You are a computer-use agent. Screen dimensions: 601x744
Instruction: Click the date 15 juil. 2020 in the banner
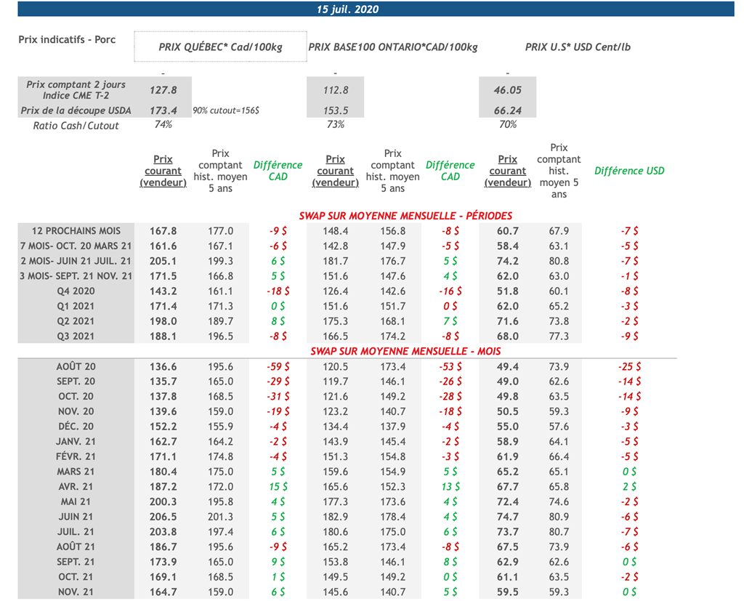click(347, 9)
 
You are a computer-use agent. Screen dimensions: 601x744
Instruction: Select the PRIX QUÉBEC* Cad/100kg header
click(220, 47)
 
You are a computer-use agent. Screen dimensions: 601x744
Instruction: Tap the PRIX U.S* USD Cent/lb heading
click(578, 47)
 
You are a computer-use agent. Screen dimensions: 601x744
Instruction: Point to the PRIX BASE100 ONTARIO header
click(393, 47)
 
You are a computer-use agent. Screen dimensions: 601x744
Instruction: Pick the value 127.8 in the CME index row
click(163, 90)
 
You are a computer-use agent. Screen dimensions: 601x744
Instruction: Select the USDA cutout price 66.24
click(508, 110)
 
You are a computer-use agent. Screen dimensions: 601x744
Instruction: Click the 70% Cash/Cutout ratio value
click(508, 125)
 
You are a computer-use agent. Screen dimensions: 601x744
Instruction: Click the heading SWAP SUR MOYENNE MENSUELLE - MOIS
click(405, 351)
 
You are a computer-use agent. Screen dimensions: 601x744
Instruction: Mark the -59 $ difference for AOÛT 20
click(278, 366)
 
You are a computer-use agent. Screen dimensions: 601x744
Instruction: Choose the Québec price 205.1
click(163, 261)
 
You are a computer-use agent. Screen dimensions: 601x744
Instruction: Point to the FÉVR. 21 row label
click(76, 456)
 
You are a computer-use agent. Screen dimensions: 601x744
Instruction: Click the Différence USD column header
click(629, 171)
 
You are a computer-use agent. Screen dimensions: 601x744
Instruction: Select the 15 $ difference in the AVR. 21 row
click(278, 486)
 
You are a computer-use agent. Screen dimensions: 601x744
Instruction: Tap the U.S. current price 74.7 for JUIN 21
click(508, 517)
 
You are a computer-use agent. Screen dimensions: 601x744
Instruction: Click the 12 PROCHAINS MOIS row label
click(76, 230)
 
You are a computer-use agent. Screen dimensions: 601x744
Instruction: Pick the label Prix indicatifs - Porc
click(67, 39)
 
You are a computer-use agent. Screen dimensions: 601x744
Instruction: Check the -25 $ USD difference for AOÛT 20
click(629, 366)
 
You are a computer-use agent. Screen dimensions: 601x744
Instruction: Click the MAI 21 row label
click(76, 501)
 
